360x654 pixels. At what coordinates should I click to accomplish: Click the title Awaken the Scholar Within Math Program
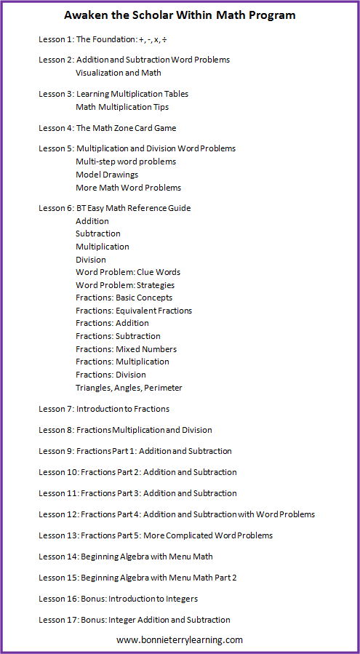(x=180, y=15)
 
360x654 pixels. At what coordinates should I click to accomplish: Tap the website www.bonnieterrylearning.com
(x=180, y=640)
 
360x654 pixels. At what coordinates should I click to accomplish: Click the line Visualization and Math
(x=118, y=73)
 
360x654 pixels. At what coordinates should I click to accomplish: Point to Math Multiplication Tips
(x=122, y=107)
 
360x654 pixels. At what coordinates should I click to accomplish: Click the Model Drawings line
(x=107, y=175)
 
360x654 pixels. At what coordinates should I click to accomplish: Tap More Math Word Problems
(x=128, y=188)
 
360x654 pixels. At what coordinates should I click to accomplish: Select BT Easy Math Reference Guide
(x=133, y=208)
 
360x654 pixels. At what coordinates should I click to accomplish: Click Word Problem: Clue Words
(x=128, y=272)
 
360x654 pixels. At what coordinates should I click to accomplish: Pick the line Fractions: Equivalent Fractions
(x=134, y=311)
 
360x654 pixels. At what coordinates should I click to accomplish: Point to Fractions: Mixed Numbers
(x=126, y=349)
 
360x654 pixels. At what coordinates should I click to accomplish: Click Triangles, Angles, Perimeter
(x=129, y=388)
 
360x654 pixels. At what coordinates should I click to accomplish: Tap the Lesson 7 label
(x=55, y=409)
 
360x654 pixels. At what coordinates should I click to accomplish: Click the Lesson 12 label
(x=58, y=514)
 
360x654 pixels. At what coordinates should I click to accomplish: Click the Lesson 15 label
(x=58, y=578)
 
